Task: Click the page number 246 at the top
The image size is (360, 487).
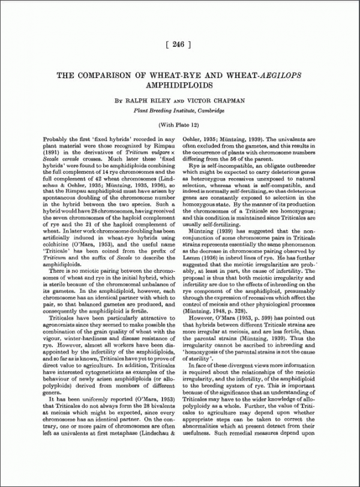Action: [179, 44]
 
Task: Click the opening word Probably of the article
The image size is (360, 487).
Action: [57, 139]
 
